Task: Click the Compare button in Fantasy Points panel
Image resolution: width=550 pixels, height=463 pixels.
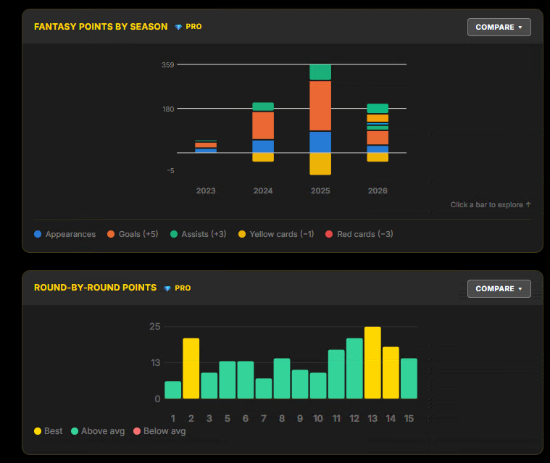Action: coord(499,27)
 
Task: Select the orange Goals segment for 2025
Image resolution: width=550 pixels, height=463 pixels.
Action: coord(320,106)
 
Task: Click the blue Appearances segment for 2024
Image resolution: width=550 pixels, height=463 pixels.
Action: coord(263,146)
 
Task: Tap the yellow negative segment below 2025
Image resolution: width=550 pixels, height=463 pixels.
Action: coord(320,164)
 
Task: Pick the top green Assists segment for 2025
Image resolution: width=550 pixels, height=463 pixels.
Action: coord(320,72)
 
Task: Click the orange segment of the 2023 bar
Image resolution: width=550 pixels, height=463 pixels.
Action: coord(206,145)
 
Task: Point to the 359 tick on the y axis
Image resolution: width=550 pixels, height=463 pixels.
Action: coord(167,65)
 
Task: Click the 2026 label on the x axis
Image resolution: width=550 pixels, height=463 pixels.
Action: coord(378,191)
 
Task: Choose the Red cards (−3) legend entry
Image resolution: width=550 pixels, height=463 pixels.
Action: coord(359,234)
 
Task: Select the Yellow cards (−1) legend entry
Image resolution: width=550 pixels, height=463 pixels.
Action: coord(276,234)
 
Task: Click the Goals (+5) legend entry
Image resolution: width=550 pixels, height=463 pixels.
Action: coord(133,234)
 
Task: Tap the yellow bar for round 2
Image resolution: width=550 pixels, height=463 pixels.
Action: coord(191,368)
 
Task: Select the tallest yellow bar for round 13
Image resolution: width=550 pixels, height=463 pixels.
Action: coord(372,363)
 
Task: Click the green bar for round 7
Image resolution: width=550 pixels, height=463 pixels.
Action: coord(264,388)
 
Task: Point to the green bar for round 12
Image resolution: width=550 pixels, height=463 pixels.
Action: coord(354,368)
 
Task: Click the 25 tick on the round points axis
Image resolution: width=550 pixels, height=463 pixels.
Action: coord(154,327)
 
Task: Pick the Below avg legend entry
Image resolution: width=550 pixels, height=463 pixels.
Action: coord(159,431)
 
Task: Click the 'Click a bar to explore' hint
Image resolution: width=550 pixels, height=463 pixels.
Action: coord(491,204)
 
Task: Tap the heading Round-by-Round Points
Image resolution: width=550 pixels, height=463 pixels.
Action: coord(96,288)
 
